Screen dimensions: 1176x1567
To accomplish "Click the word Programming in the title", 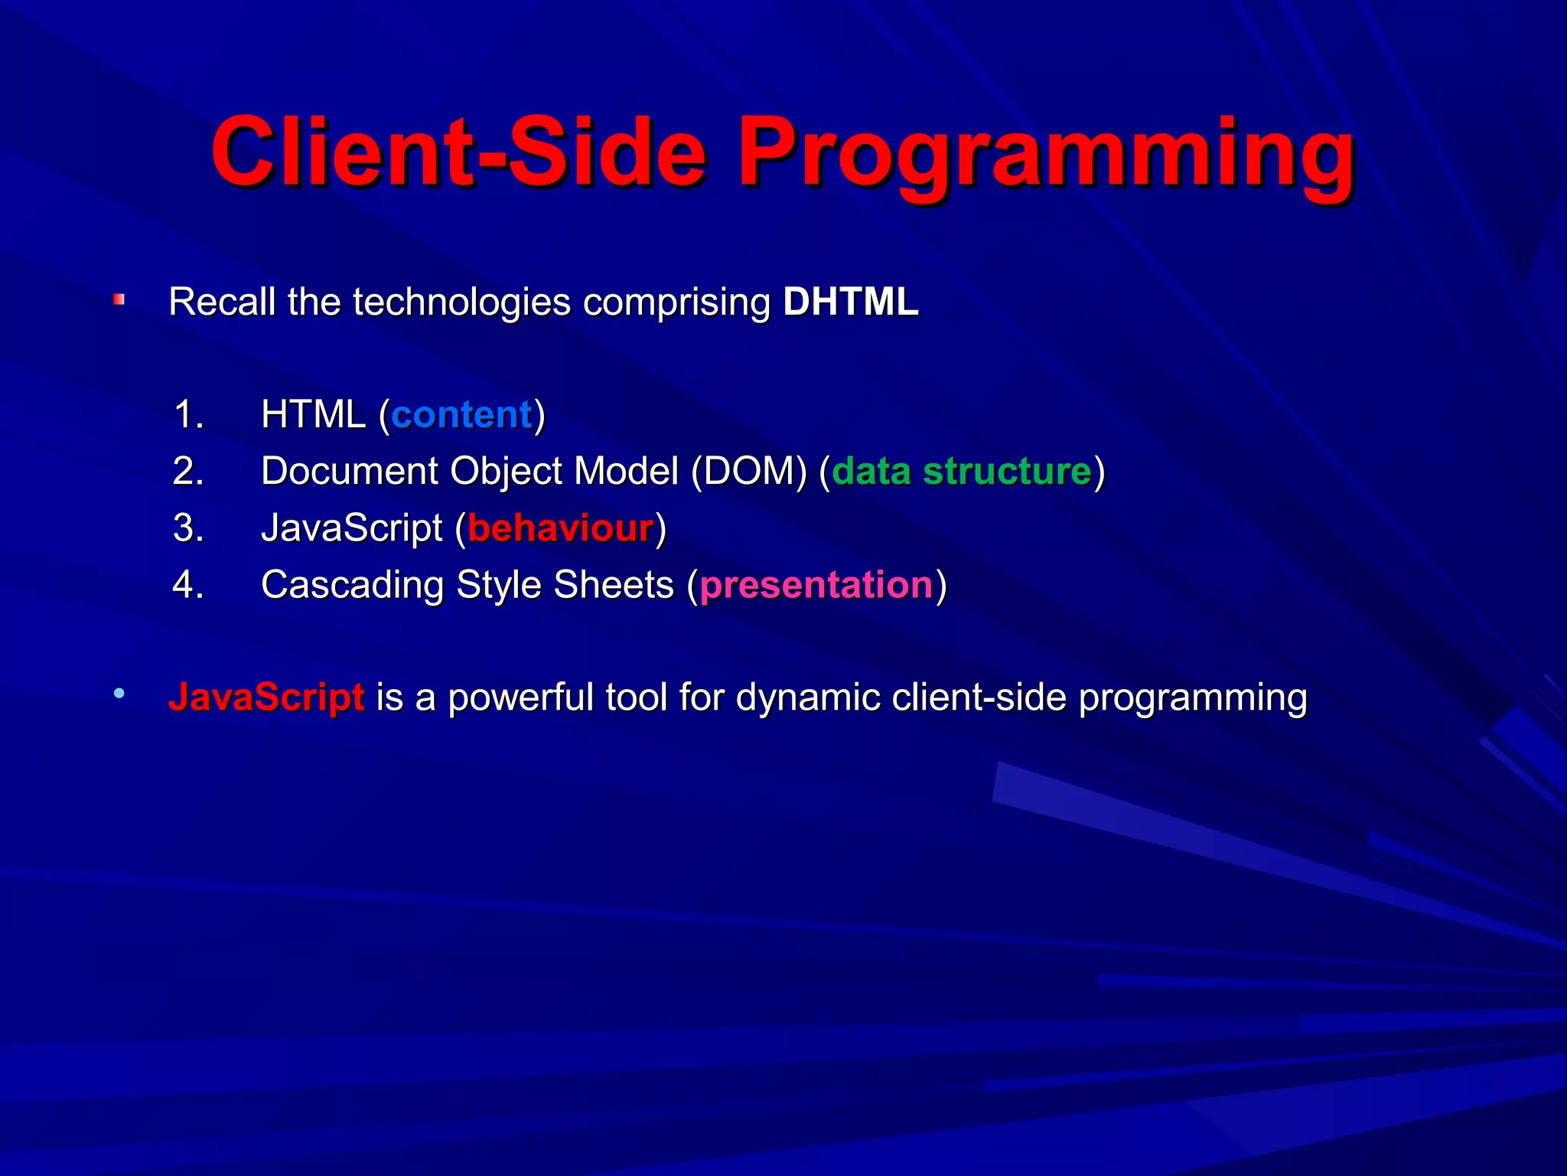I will [x=1045, y=153].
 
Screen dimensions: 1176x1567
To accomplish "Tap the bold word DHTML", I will [x=850, y=302].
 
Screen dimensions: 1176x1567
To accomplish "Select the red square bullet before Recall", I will [x=119, y=300].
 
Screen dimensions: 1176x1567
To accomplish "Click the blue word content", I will [x=461, y=415].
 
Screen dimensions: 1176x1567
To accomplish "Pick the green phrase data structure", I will [x=962, y=472].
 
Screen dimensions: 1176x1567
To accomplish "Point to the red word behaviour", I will [x=560, y=528].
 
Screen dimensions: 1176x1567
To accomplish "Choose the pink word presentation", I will [x=816, y=585].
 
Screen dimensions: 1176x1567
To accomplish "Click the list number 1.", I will [x=188, y=415].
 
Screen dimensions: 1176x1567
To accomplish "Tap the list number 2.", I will [x=188, y=472].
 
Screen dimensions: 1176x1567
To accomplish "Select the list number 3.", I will [x=188, y=528].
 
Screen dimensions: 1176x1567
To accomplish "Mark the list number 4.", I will [x=188, y=585].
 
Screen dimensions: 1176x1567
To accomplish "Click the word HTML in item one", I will [x=313, y=415].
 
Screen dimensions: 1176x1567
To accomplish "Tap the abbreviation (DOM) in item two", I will [x=749, y=472].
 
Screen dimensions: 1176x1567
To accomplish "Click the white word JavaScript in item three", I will [x=352, y=528].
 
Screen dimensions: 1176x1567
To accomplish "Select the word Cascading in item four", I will [x=352, y=585].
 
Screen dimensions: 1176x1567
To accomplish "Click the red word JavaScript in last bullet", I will [x=266, y=697].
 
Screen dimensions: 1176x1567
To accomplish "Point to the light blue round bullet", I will [x=119, y=694].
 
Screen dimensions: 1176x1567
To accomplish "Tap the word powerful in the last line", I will [x=520, y=697].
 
